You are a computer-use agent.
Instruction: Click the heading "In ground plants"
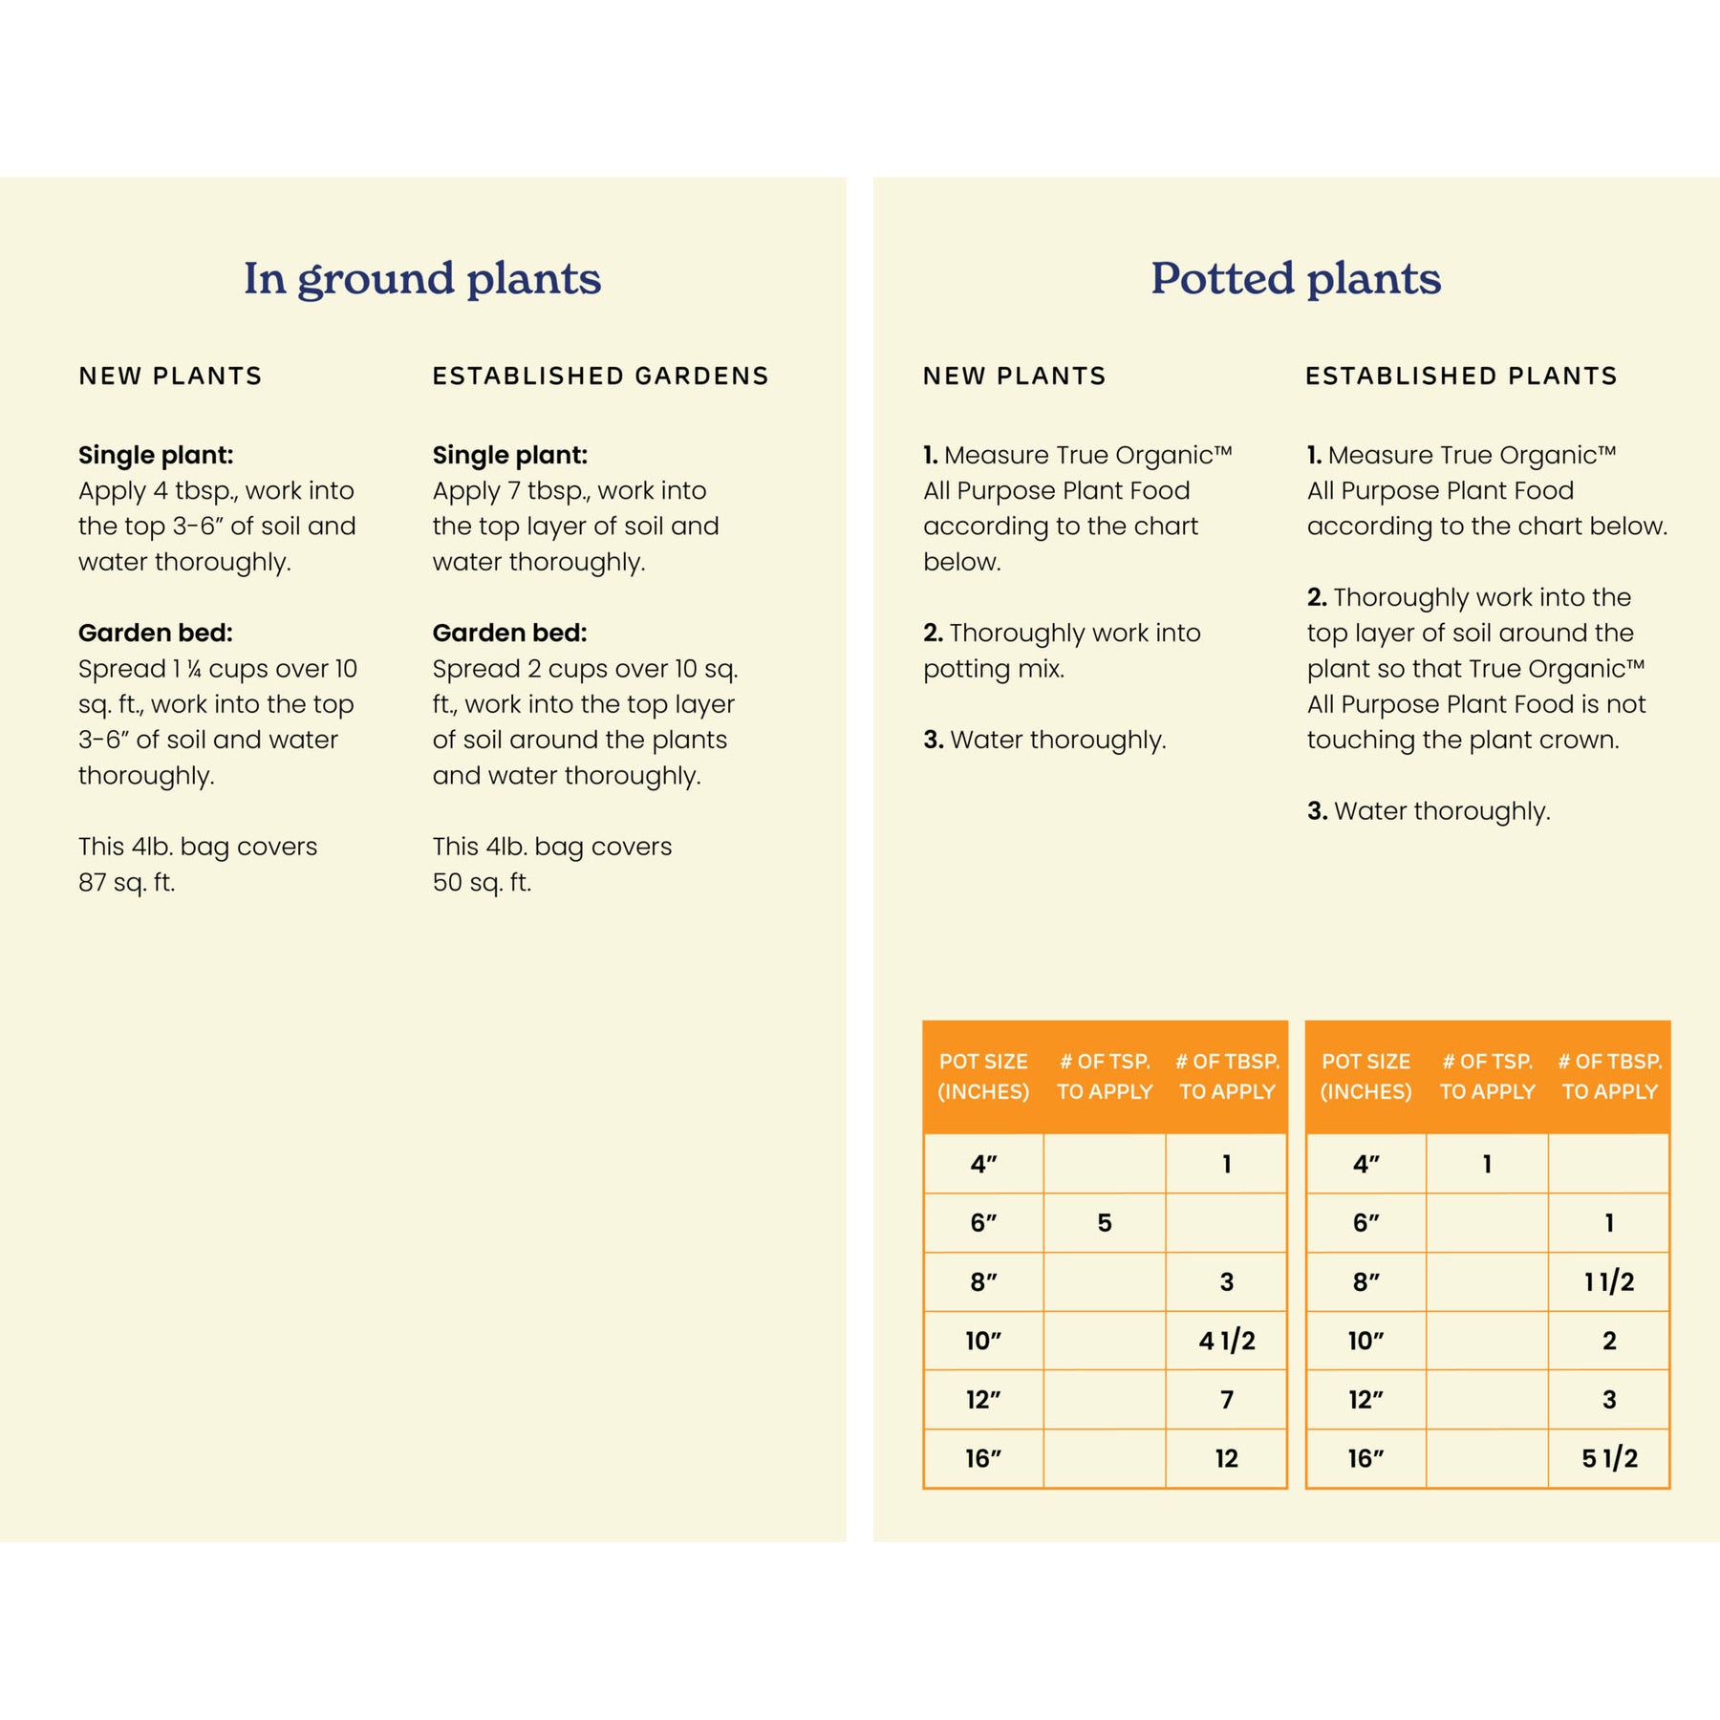coord(421,279)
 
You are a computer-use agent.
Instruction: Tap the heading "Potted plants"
coord(1295,279)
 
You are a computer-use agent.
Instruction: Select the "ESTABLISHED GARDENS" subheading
coord(600,376)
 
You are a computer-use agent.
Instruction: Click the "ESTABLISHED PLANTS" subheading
coord(1461,376)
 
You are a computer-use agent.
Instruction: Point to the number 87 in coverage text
coord(93,883)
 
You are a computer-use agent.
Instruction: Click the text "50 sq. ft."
coord(482,883)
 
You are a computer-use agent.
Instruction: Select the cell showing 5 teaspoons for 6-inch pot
coord(1105,1223)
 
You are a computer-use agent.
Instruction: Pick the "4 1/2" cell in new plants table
coord(1227,1341)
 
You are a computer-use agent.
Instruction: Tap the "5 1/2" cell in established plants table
coord(1609,1458)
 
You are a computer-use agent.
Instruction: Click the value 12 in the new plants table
coord(1227,1458)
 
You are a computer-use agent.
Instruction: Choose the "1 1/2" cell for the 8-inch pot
coord(1609,1281)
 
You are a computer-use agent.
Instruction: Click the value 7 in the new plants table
coord(1227,1400)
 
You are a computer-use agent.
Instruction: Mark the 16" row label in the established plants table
coord(1365,1458)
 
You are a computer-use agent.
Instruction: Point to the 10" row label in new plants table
coord(983,1341)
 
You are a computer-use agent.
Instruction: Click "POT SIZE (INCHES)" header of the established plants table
coord(1365,1077)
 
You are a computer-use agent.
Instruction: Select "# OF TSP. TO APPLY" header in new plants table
coord(1105,1077)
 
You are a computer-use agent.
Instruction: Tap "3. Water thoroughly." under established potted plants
coord(1429,811)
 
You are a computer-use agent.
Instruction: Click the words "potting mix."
coord(994,669)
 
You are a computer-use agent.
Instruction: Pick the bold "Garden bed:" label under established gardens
coord(509,633)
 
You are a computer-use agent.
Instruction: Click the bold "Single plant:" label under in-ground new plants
coord(156,455)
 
